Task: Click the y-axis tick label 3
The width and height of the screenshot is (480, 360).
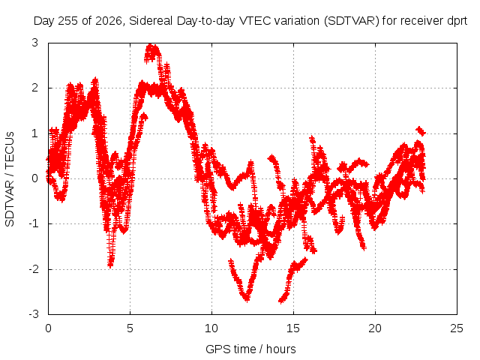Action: tap(35, 43)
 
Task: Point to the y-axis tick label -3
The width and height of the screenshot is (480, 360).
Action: tap(34, 314)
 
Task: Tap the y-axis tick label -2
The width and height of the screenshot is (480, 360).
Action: tap(34, 269)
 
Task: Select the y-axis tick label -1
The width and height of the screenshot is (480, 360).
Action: tap(34, 223)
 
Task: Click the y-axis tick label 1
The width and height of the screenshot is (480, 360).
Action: tap(35, 133)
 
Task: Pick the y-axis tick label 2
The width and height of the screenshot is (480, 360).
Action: tap(35, 88)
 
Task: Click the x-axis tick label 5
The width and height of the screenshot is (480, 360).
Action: tap(130, 328)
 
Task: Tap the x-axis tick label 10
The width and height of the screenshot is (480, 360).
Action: tap(211, 328)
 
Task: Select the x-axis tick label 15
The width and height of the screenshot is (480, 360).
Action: tap(293, 328)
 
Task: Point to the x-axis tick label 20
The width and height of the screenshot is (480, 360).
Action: tap(375, 328)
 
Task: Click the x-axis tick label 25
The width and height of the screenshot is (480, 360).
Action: tap(457, 328)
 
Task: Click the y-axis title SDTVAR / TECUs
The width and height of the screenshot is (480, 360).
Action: tap(10, 179)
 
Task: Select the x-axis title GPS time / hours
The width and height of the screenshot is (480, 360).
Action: tap(250, 349)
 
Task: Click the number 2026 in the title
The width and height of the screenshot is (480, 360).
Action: tap(109, 21)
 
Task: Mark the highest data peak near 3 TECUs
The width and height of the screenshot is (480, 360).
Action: tap(151, 46)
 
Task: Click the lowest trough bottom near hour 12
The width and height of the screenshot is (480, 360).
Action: tap(247, 299)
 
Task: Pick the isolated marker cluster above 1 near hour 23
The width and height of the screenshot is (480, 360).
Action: tap(421, 131)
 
